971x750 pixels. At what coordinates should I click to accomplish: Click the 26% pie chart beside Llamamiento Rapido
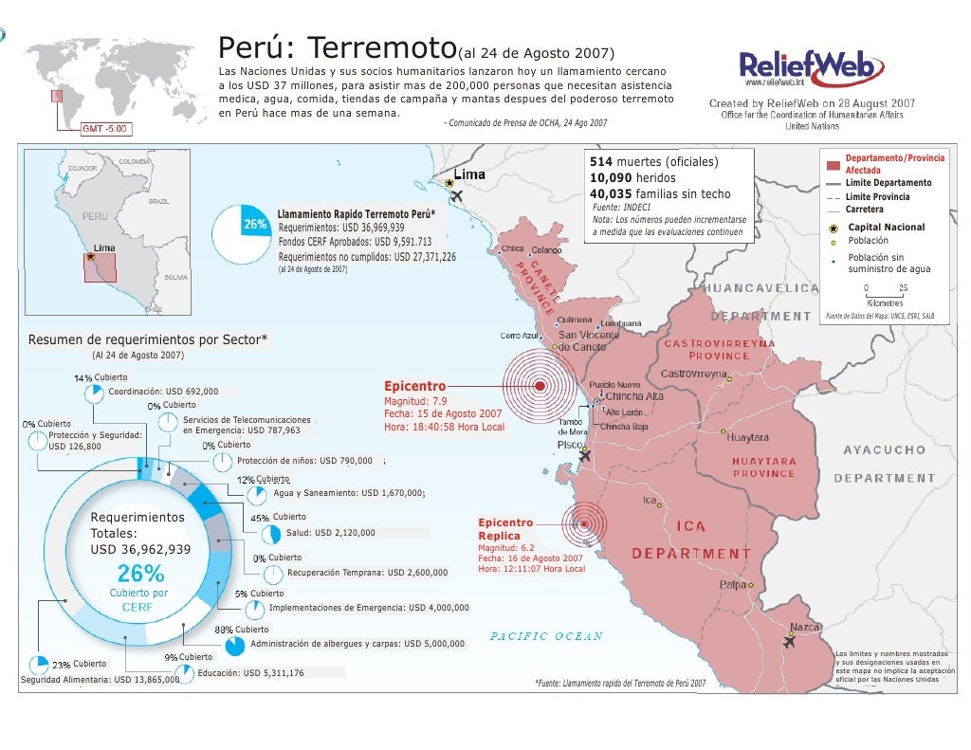[x=244, y=233]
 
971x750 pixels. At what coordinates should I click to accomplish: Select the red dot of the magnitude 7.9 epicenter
[x=540, y=386]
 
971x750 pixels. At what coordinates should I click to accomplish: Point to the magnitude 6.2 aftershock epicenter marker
[x=586, y=522]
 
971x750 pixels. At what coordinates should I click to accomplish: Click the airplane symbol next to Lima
[x=458, y=196]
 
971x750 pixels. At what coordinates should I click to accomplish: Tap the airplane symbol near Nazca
[x=788, y=642]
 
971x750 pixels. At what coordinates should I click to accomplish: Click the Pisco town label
[x=569, y=444]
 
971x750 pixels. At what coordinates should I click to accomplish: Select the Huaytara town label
[x=747, y=437]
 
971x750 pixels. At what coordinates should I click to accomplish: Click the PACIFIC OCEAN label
[x=546, y=636]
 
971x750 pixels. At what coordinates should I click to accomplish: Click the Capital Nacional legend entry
[x=886, y=228]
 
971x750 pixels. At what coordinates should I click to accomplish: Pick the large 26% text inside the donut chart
[x=140, y=574]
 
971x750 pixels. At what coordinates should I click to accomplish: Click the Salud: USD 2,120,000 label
[x=330, y=533]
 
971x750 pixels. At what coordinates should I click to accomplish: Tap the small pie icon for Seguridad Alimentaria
[x=39, y=664]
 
